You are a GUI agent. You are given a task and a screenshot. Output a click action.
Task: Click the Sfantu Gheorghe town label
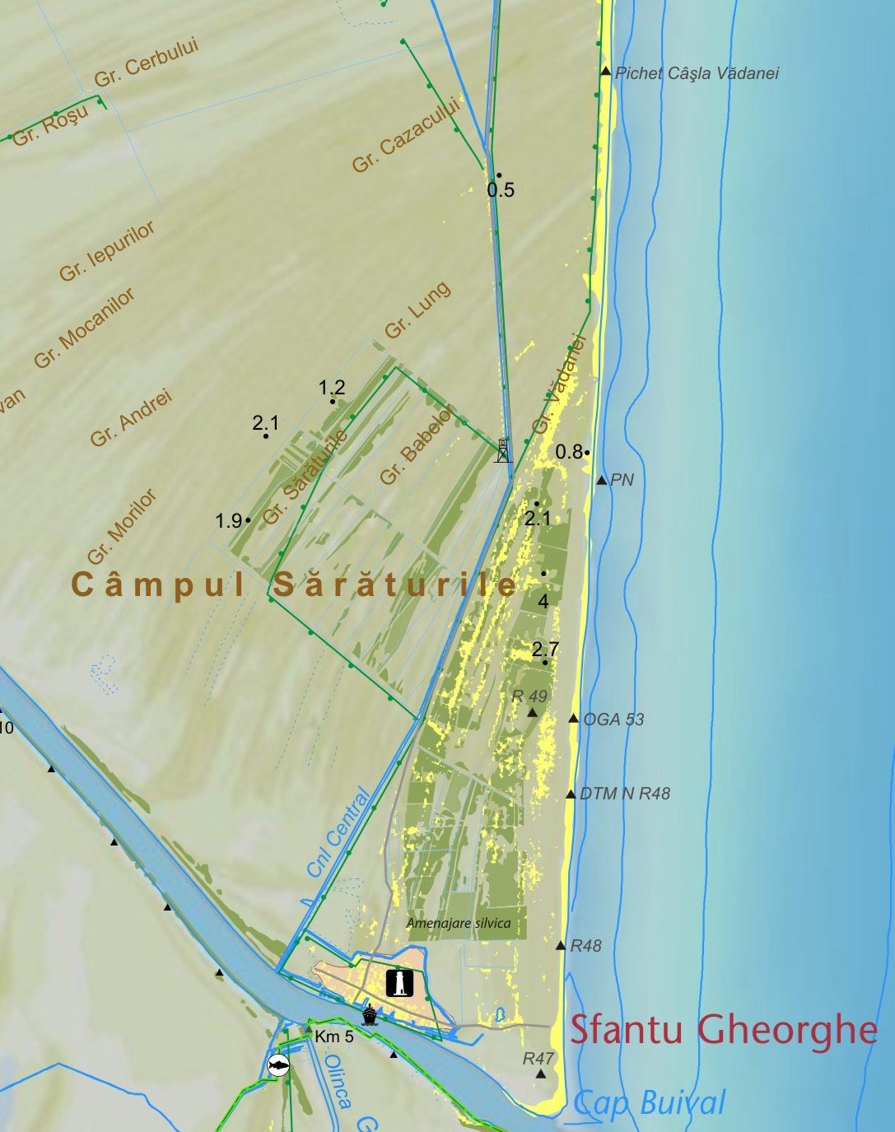[x=723, y=1030]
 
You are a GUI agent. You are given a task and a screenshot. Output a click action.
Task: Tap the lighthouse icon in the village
[x=399, y=982]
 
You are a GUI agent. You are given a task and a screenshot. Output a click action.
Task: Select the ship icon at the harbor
[x=370, y=1015]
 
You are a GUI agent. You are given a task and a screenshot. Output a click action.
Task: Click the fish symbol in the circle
[x=279, y=1066]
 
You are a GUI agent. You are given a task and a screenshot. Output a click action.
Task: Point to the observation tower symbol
[x=502, y=450]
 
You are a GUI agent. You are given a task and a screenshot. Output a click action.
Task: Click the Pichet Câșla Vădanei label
[x=697, y=73]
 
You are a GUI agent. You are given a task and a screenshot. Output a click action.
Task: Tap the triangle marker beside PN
[x=602, y=480]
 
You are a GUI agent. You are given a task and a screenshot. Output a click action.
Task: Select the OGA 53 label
[x=613, y=720]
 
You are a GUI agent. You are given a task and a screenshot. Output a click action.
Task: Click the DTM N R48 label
[x=625, y=794]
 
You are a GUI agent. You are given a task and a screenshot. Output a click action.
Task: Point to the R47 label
[x=538, y=1059]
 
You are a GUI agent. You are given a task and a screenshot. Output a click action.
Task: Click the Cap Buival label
[x=650, y=1103]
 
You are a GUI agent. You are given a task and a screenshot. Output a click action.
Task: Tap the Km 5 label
[x=334, y=1037]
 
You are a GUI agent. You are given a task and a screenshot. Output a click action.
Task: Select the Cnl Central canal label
[x=339, y=832]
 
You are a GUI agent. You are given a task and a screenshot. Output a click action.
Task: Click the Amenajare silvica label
[x=459, y=924]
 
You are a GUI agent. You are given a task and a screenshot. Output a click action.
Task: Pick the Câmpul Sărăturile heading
[x=294, y=585]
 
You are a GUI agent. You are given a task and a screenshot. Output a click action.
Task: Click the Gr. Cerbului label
[x=146, y=63]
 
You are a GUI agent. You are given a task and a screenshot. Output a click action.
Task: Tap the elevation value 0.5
[x=501, y=190]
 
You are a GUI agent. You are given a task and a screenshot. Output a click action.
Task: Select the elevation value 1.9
[x=229, y=521]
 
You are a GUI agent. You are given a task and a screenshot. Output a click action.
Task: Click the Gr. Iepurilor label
[x=106, y=251]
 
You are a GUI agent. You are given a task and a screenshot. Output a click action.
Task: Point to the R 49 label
[x=529, y=696]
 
